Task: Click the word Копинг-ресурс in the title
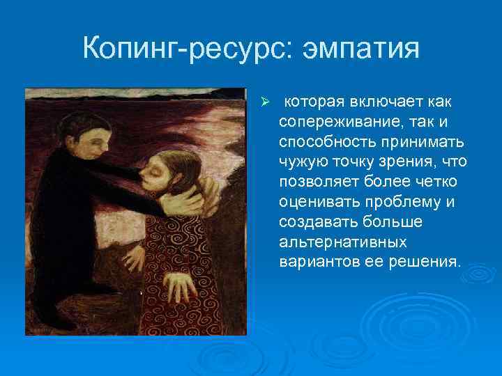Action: tap(179, 50)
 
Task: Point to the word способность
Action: tap(321, 143)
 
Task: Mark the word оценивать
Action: tap(314, 203)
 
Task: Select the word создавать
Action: tap(314, 224)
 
